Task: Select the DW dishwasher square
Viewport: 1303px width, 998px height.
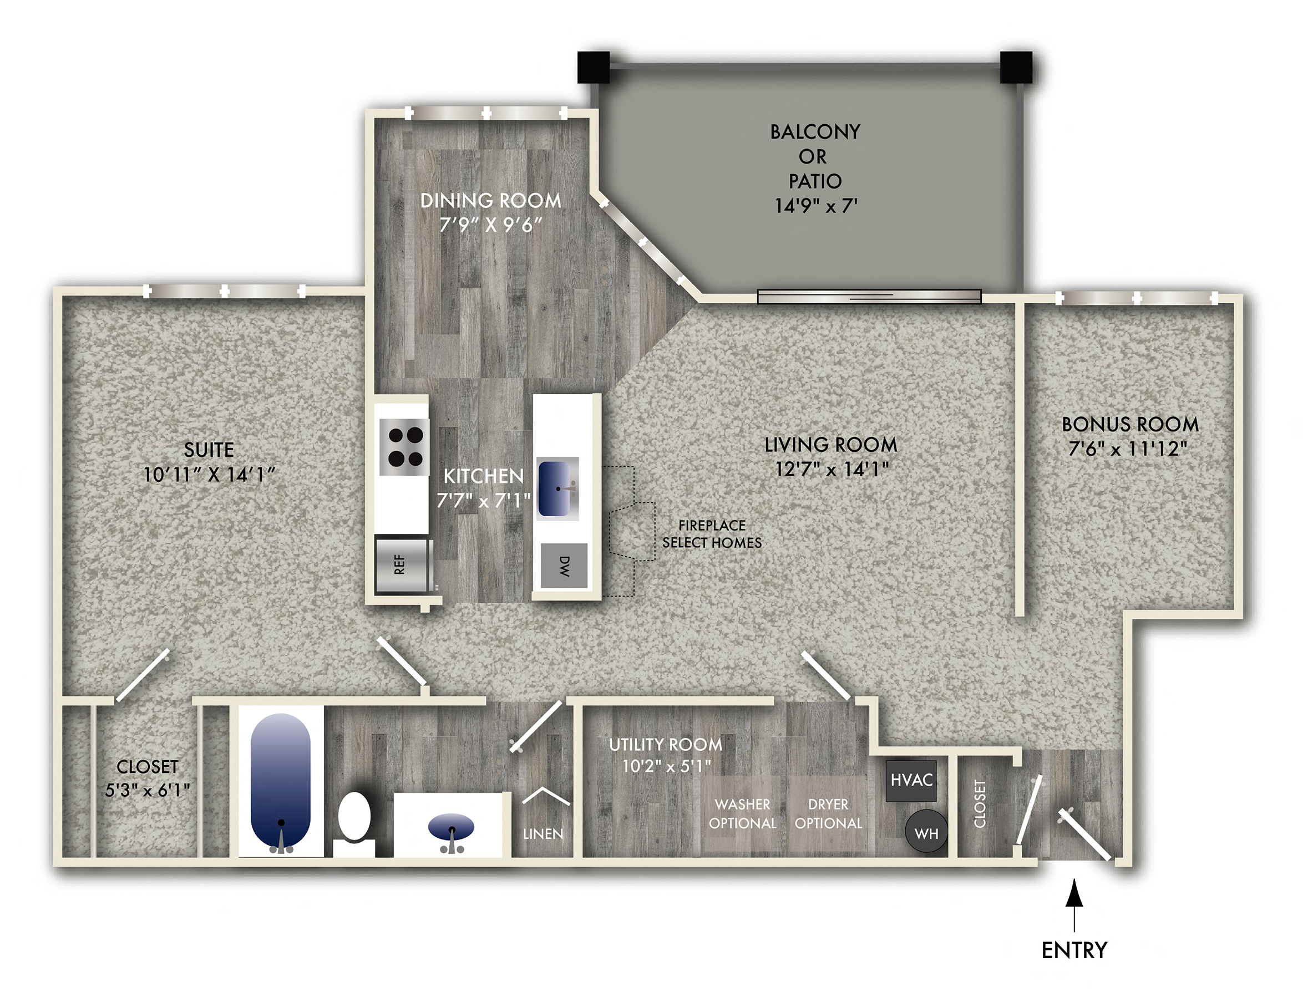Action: click(564, 565)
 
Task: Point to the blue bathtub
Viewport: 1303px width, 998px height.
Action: click(281, 778)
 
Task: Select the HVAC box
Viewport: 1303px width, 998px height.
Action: click(911, 780)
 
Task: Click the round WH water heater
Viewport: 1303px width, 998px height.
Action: click(926, 832)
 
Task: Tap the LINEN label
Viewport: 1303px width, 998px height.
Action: click(543, 834)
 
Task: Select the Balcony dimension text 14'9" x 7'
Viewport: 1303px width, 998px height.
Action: click(815, 206)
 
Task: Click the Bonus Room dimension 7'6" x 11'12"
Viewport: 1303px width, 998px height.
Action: click(1128, 449)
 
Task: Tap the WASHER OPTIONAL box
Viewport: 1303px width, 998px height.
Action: click(743, 813)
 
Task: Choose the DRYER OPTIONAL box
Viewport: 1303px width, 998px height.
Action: click(828, 813)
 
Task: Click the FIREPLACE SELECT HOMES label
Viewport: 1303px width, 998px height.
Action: click(711, 534)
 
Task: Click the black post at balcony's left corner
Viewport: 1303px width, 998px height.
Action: click(593, 67)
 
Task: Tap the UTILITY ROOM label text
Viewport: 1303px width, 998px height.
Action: click(666, 744)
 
